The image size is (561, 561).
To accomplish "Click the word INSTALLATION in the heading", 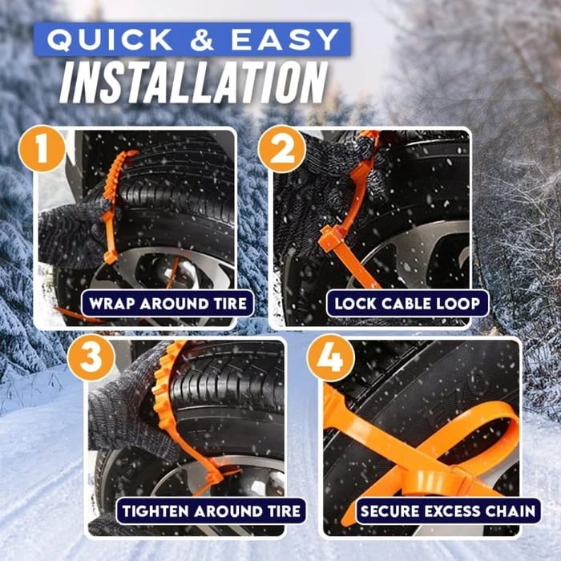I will (195, 82).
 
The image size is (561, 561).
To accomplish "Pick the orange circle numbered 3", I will (90, 358).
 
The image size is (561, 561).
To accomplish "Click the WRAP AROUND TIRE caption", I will (167, 304).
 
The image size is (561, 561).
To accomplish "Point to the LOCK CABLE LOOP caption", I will (407, 304).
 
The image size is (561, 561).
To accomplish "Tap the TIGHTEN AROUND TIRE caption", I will (211, 511).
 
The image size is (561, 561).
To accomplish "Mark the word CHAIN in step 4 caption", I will (508, 511).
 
